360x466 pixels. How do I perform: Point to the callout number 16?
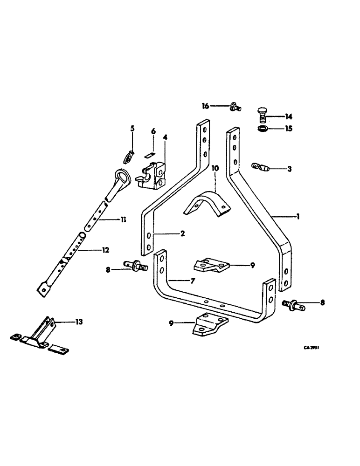(206, 106)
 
